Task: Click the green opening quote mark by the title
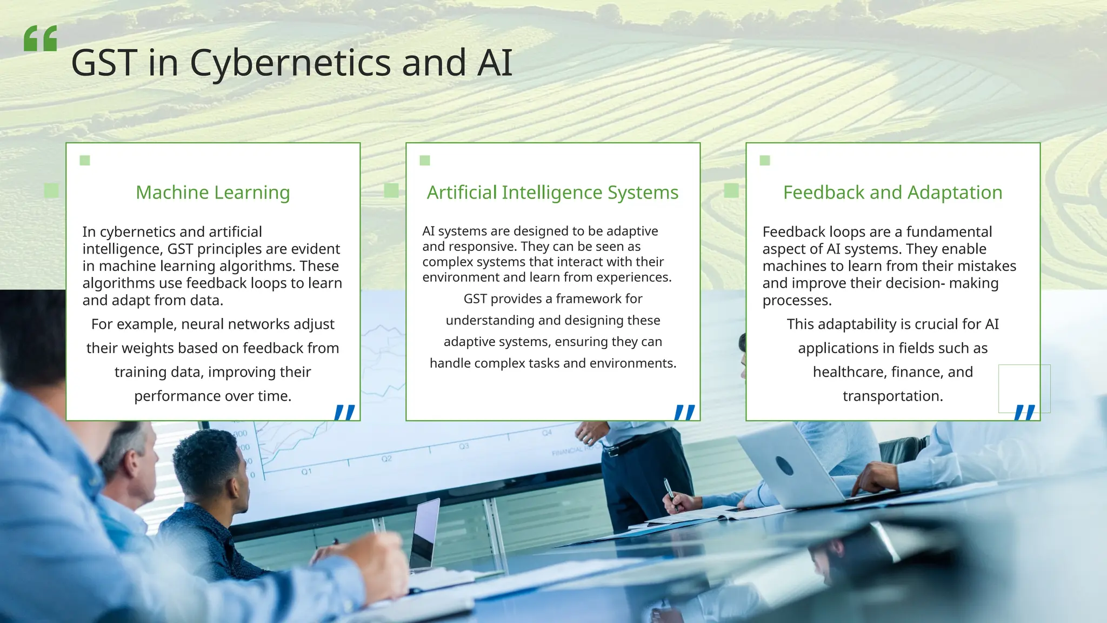(x=40, y=38)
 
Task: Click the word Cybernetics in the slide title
(x=290, y=63)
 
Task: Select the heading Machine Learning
(x=212, y=193)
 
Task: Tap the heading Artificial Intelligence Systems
(x=552, y=193)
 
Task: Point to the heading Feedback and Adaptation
(x=892, y=193)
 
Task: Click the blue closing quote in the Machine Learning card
(x=344, y=412)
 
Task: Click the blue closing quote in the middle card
(x=684, y=412)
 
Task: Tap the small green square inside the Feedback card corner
(x=764, y=160)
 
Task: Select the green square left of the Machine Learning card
(x=51, y=190)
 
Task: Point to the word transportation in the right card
(x=892, y=396)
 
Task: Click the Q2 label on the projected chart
(x=386, y=459)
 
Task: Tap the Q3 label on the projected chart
(x=464, y=446)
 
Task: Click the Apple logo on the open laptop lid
(x=784, y=465)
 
